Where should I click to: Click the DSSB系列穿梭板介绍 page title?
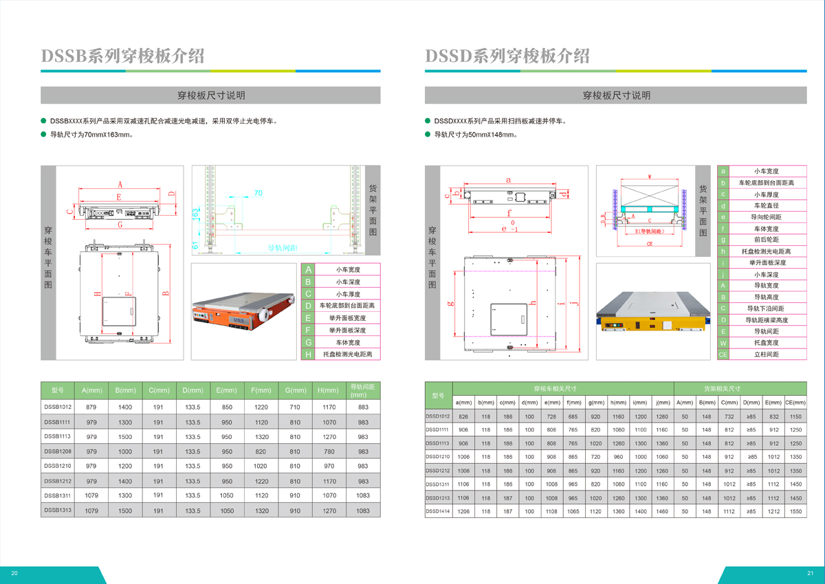123,56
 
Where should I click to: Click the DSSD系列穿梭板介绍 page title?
507,56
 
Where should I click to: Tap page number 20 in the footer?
14,574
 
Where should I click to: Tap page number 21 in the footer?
810,574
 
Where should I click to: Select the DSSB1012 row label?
58,407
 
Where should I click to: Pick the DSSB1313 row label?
58,510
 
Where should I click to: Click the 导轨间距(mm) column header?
363,390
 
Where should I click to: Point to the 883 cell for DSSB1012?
363,407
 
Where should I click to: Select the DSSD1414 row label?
437,511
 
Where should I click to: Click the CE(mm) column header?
795,403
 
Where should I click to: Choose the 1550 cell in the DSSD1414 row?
795,511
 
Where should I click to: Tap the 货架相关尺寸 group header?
740,388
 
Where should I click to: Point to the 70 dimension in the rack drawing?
258,194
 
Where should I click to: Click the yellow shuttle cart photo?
652,313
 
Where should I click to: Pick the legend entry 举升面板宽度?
347,318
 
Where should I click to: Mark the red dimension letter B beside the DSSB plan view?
164,293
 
